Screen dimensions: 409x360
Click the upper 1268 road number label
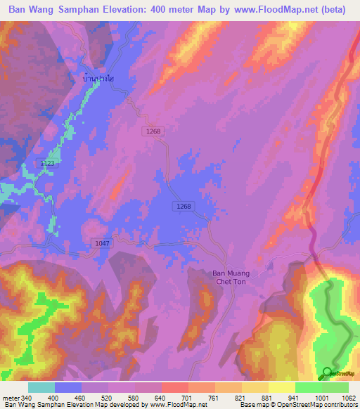[154, 131]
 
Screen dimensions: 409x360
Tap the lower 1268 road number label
[183, 205]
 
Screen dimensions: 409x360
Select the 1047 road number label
[102, 242]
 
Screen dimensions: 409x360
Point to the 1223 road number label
[48, 163]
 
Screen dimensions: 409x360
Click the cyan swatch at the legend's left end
[41, 387]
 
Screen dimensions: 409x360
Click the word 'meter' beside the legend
[10, 398]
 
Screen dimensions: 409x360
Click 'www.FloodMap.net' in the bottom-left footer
[175, 405]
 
